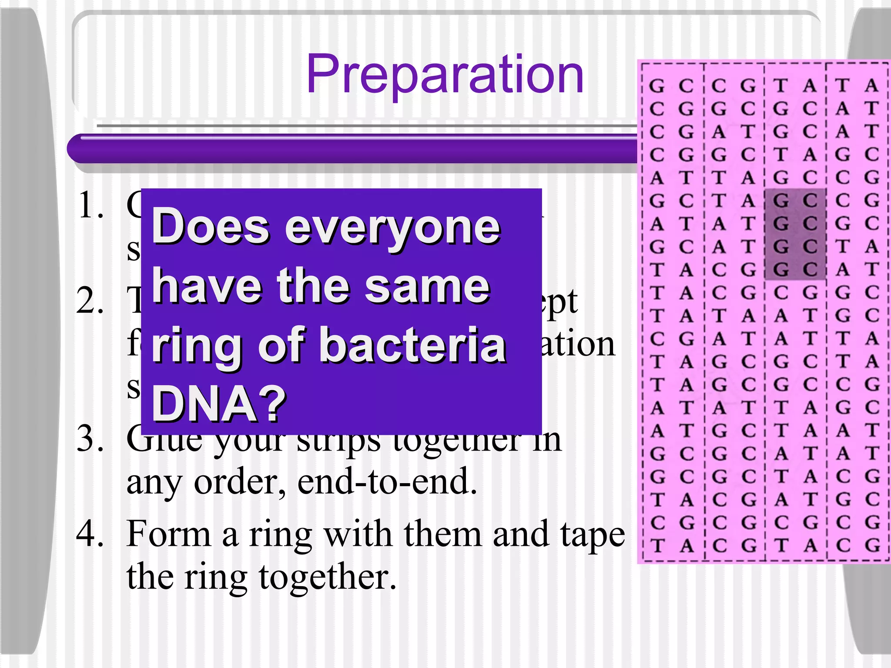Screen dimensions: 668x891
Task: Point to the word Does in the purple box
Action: coord(211,227)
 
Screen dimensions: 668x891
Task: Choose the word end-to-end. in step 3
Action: coord(387,482)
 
